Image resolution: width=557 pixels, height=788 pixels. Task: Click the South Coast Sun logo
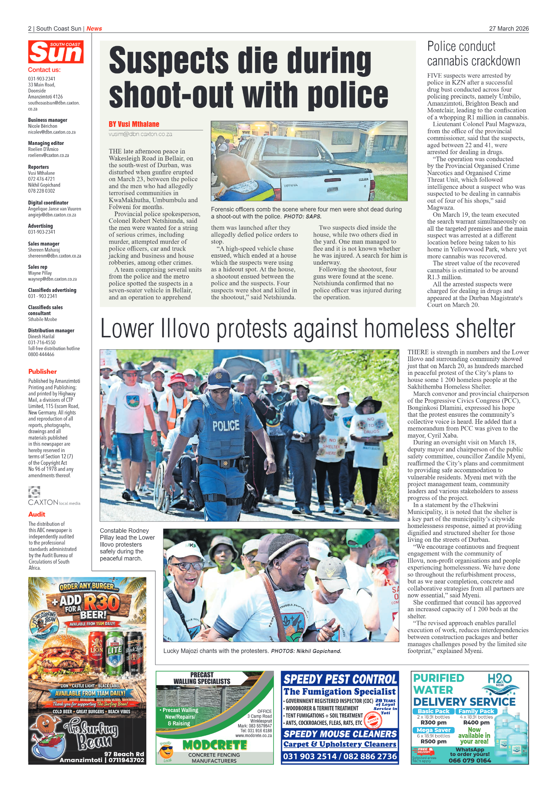point(56,52)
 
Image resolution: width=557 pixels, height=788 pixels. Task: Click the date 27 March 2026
point(508,29)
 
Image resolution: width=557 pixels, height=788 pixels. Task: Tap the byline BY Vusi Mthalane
point(134,124)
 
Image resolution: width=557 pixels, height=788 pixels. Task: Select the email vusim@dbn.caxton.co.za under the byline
point(140,134)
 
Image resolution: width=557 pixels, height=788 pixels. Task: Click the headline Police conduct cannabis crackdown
point(473,54)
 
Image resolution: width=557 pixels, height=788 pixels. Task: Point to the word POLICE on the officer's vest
point(226,426)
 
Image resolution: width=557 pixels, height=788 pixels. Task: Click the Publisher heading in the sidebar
point(43,372)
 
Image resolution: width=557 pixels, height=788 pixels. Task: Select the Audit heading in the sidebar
point(37,514)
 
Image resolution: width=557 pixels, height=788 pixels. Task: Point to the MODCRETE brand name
point(214,745)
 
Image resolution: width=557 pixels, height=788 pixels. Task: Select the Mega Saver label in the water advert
point(433,730)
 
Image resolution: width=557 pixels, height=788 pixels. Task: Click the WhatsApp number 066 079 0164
point(469,760)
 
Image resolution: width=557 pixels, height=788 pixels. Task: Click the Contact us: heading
point(44,70)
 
